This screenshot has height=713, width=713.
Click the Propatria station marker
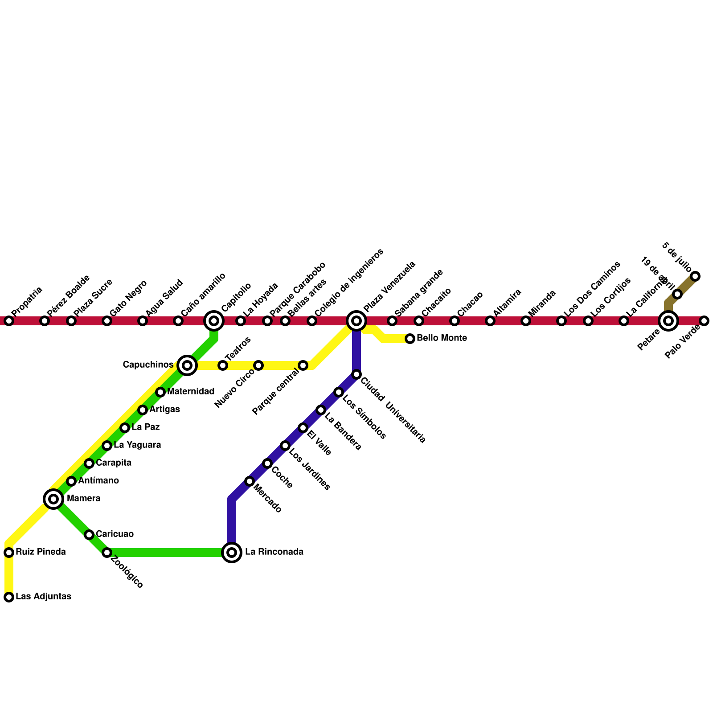[x=9, y=321]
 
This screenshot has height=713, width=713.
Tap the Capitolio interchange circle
[x=214, y=321]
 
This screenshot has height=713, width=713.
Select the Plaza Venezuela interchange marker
[x=356, y=321]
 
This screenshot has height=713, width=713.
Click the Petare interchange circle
[x=668, y=321]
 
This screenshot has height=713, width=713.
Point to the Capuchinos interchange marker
[x=187, y=365]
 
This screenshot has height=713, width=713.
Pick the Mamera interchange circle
[x=53, y=499]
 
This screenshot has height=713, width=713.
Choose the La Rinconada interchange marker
[x=232, y=553]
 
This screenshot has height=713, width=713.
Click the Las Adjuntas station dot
[x=9, y=597]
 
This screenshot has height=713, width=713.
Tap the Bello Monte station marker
[x=410, y=339]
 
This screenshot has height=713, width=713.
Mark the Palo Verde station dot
[x=704, y=321]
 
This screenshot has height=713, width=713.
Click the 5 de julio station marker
[x=695, y=276]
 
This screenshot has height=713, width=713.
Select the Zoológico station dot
[x=107, y=553]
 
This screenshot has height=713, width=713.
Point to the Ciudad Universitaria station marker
[x=356, y=374]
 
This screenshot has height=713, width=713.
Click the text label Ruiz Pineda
[x=41, y=552]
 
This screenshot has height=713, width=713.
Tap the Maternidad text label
[x=191, y=392]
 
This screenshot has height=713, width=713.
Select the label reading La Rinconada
[x=274, y=552]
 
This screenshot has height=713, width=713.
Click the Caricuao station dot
[x=89, y=535]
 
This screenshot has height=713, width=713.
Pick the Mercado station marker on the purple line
[x=250, y=481]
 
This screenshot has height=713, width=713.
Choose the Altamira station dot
[x=490, y=321]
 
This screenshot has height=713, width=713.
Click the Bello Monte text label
[x=442, y=338]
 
